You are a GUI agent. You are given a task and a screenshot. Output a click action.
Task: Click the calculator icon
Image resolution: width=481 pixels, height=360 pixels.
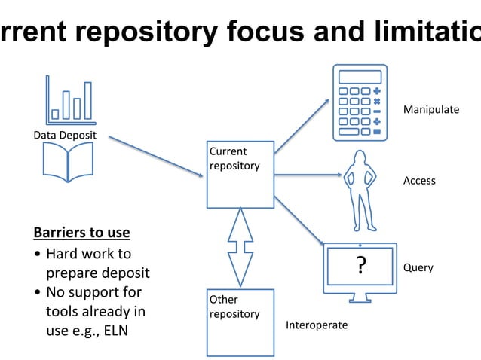(360, 102)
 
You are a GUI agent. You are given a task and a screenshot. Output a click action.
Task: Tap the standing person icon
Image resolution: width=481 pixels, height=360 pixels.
(360, 190)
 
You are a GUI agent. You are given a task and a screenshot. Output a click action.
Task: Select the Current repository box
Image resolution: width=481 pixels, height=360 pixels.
(240, 173)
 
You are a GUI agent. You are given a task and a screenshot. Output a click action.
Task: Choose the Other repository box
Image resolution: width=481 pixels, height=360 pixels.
(240, 322)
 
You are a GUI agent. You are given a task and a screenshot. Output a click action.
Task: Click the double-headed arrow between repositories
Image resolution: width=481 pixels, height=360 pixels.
(240, 248)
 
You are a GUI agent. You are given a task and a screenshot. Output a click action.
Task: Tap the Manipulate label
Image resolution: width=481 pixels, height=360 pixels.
(430, 110)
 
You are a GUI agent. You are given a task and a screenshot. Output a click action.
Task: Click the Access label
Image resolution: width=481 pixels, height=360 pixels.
(419, 181)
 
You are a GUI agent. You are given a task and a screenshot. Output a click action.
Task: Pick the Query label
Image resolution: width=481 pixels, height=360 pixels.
(418, 267)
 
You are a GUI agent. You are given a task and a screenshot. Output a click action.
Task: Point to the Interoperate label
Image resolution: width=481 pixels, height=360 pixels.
(316, 325)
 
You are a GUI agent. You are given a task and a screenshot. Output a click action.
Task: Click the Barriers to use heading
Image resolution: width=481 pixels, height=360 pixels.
(82, 232)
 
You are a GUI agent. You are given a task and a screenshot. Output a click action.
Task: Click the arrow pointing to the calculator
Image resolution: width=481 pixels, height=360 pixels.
(302, 126)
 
